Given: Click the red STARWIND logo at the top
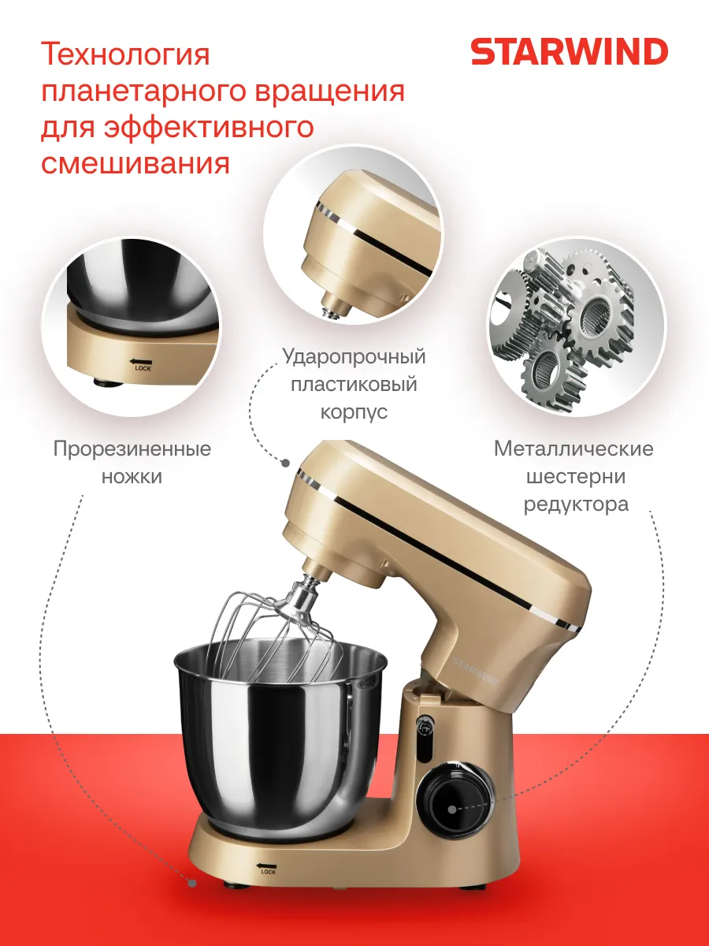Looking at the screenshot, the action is [x=569, y=52].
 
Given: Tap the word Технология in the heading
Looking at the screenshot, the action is [x=125, y=54].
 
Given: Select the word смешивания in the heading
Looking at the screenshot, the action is [x=135, y=163].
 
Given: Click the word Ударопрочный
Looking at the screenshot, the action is [x=354, y=357].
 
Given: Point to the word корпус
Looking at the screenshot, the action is [x=354, y=412].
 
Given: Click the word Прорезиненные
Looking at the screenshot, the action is [x=132, y=449].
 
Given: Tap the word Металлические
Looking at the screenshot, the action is [x=574, y=449].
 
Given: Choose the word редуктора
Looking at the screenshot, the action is [x=576, y=505].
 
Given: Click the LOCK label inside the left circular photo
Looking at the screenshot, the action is [x=143, y=368].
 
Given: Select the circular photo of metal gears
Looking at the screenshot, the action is [x=576, y=326].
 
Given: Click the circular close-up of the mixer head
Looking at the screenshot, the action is [x=353, y=235].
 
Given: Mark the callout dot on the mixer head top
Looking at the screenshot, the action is [x=285, y=464].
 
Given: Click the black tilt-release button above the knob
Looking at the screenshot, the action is [x=425, y=732].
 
